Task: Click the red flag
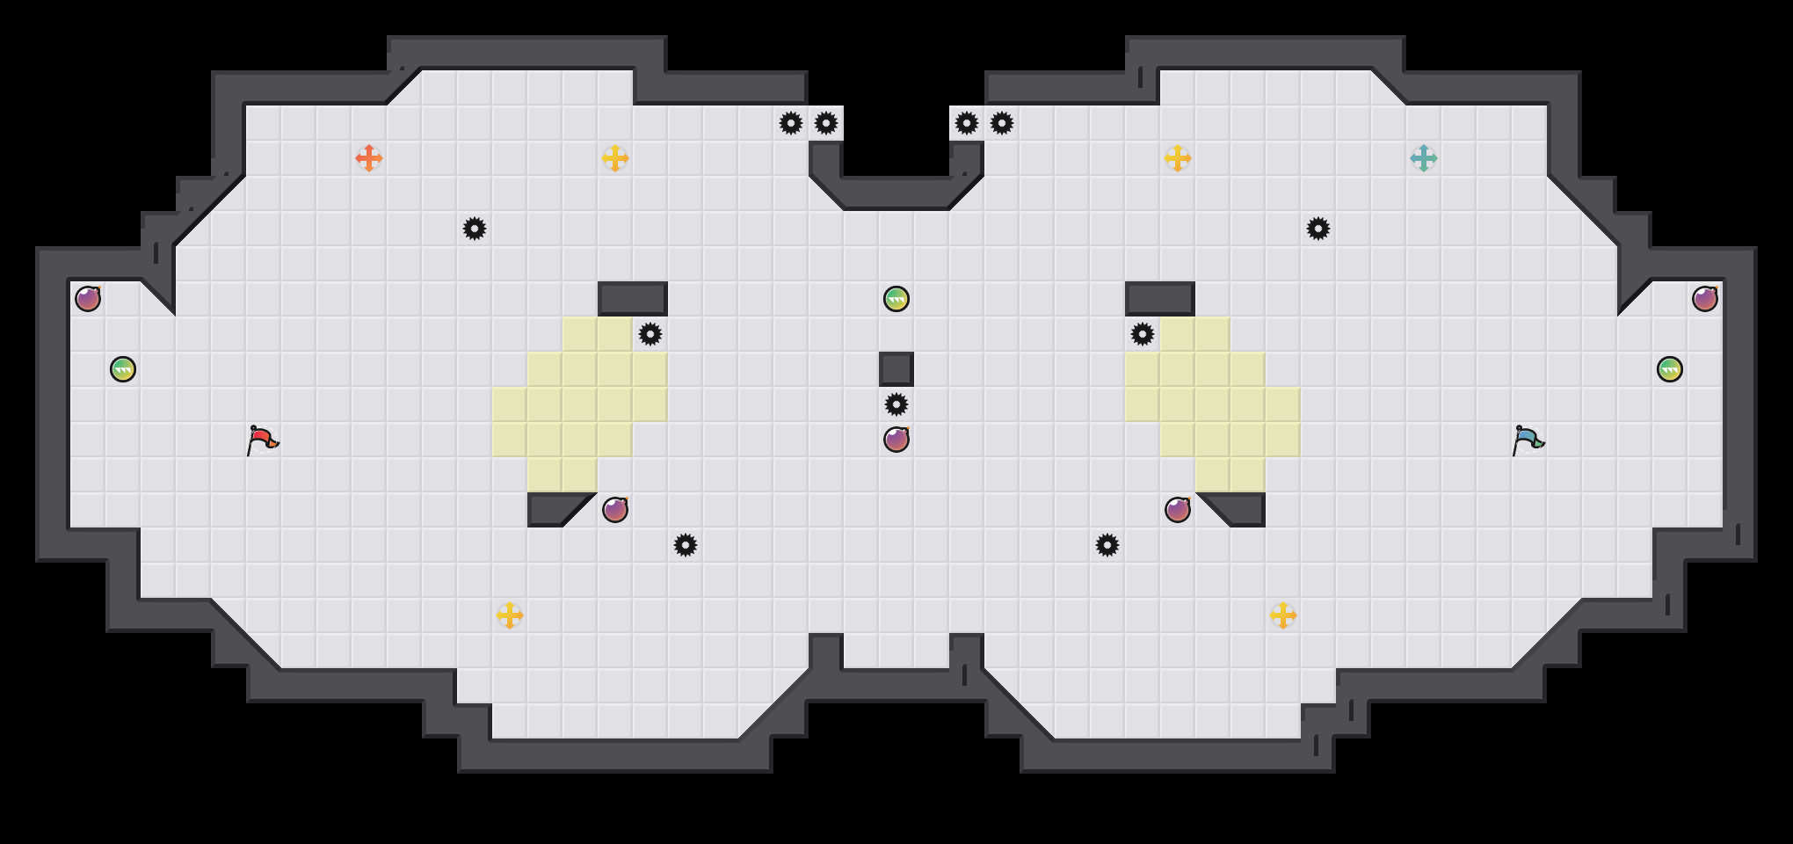coord(261,440)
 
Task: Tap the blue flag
coord(1527,440)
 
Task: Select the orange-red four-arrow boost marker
coord(369,158)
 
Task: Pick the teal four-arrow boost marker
coord(1424,158)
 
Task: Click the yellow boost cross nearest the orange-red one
coord(615,158)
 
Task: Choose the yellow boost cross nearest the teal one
coord(1178,158)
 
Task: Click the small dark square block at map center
coord(896,369)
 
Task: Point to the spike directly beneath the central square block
coord(896,404)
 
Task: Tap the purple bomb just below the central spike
coord(896,440)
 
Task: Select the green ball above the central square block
coord(896,299)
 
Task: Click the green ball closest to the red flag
coord(123,369)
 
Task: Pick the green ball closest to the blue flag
coord(1670,369)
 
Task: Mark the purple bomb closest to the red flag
coord(88,299)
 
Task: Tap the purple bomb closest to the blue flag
coord(1705,299)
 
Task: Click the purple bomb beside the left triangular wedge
coord(615,510)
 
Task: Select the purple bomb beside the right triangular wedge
coord(1178,510)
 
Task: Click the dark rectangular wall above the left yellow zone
coord(633,299)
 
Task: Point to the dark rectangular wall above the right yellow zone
coord(1160,299)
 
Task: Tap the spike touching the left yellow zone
coord(650,334)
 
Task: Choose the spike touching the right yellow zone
coord(1143,334)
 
